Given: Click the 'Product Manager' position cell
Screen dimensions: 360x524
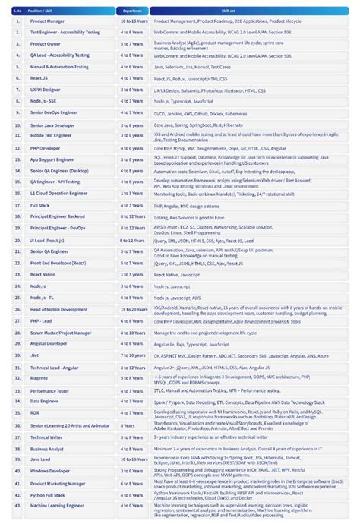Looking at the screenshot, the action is coord(46,21).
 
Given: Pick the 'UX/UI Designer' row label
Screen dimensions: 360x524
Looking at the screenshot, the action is coord(45,90).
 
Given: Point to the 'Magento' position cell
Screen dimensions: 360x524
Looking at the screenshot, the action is coord(39,377).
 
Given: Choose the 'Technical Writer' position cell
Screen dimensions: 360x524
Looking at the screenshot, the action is coord(46,437).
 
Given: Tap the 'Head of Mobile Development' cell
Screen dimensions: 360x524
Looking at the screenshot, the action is coord(58,309).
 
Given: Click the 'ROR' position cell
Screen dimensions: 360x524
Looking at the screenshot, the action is coord(35,412).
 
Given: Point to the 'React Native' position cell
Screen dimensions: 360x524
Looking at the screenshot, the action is coord(43,274).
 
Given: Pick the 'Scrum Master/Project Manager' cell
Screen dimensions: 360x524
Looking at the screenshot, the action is coord(61,332).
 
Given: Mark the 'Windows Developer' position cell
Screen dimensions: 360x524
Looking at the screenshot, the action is coord(49,471).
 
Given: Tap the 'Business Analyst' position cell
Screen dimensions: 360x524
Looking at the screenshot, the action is coord(47,448).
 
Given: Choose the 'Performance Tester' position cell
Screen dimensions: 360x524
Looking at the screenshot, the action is coord(49,390).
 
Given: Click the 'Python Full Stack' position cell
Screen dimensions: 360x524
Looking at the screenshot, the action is coord(47,494).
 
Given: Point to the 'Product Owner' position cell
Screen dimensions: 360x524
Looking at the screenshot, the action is coord(45,44).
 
